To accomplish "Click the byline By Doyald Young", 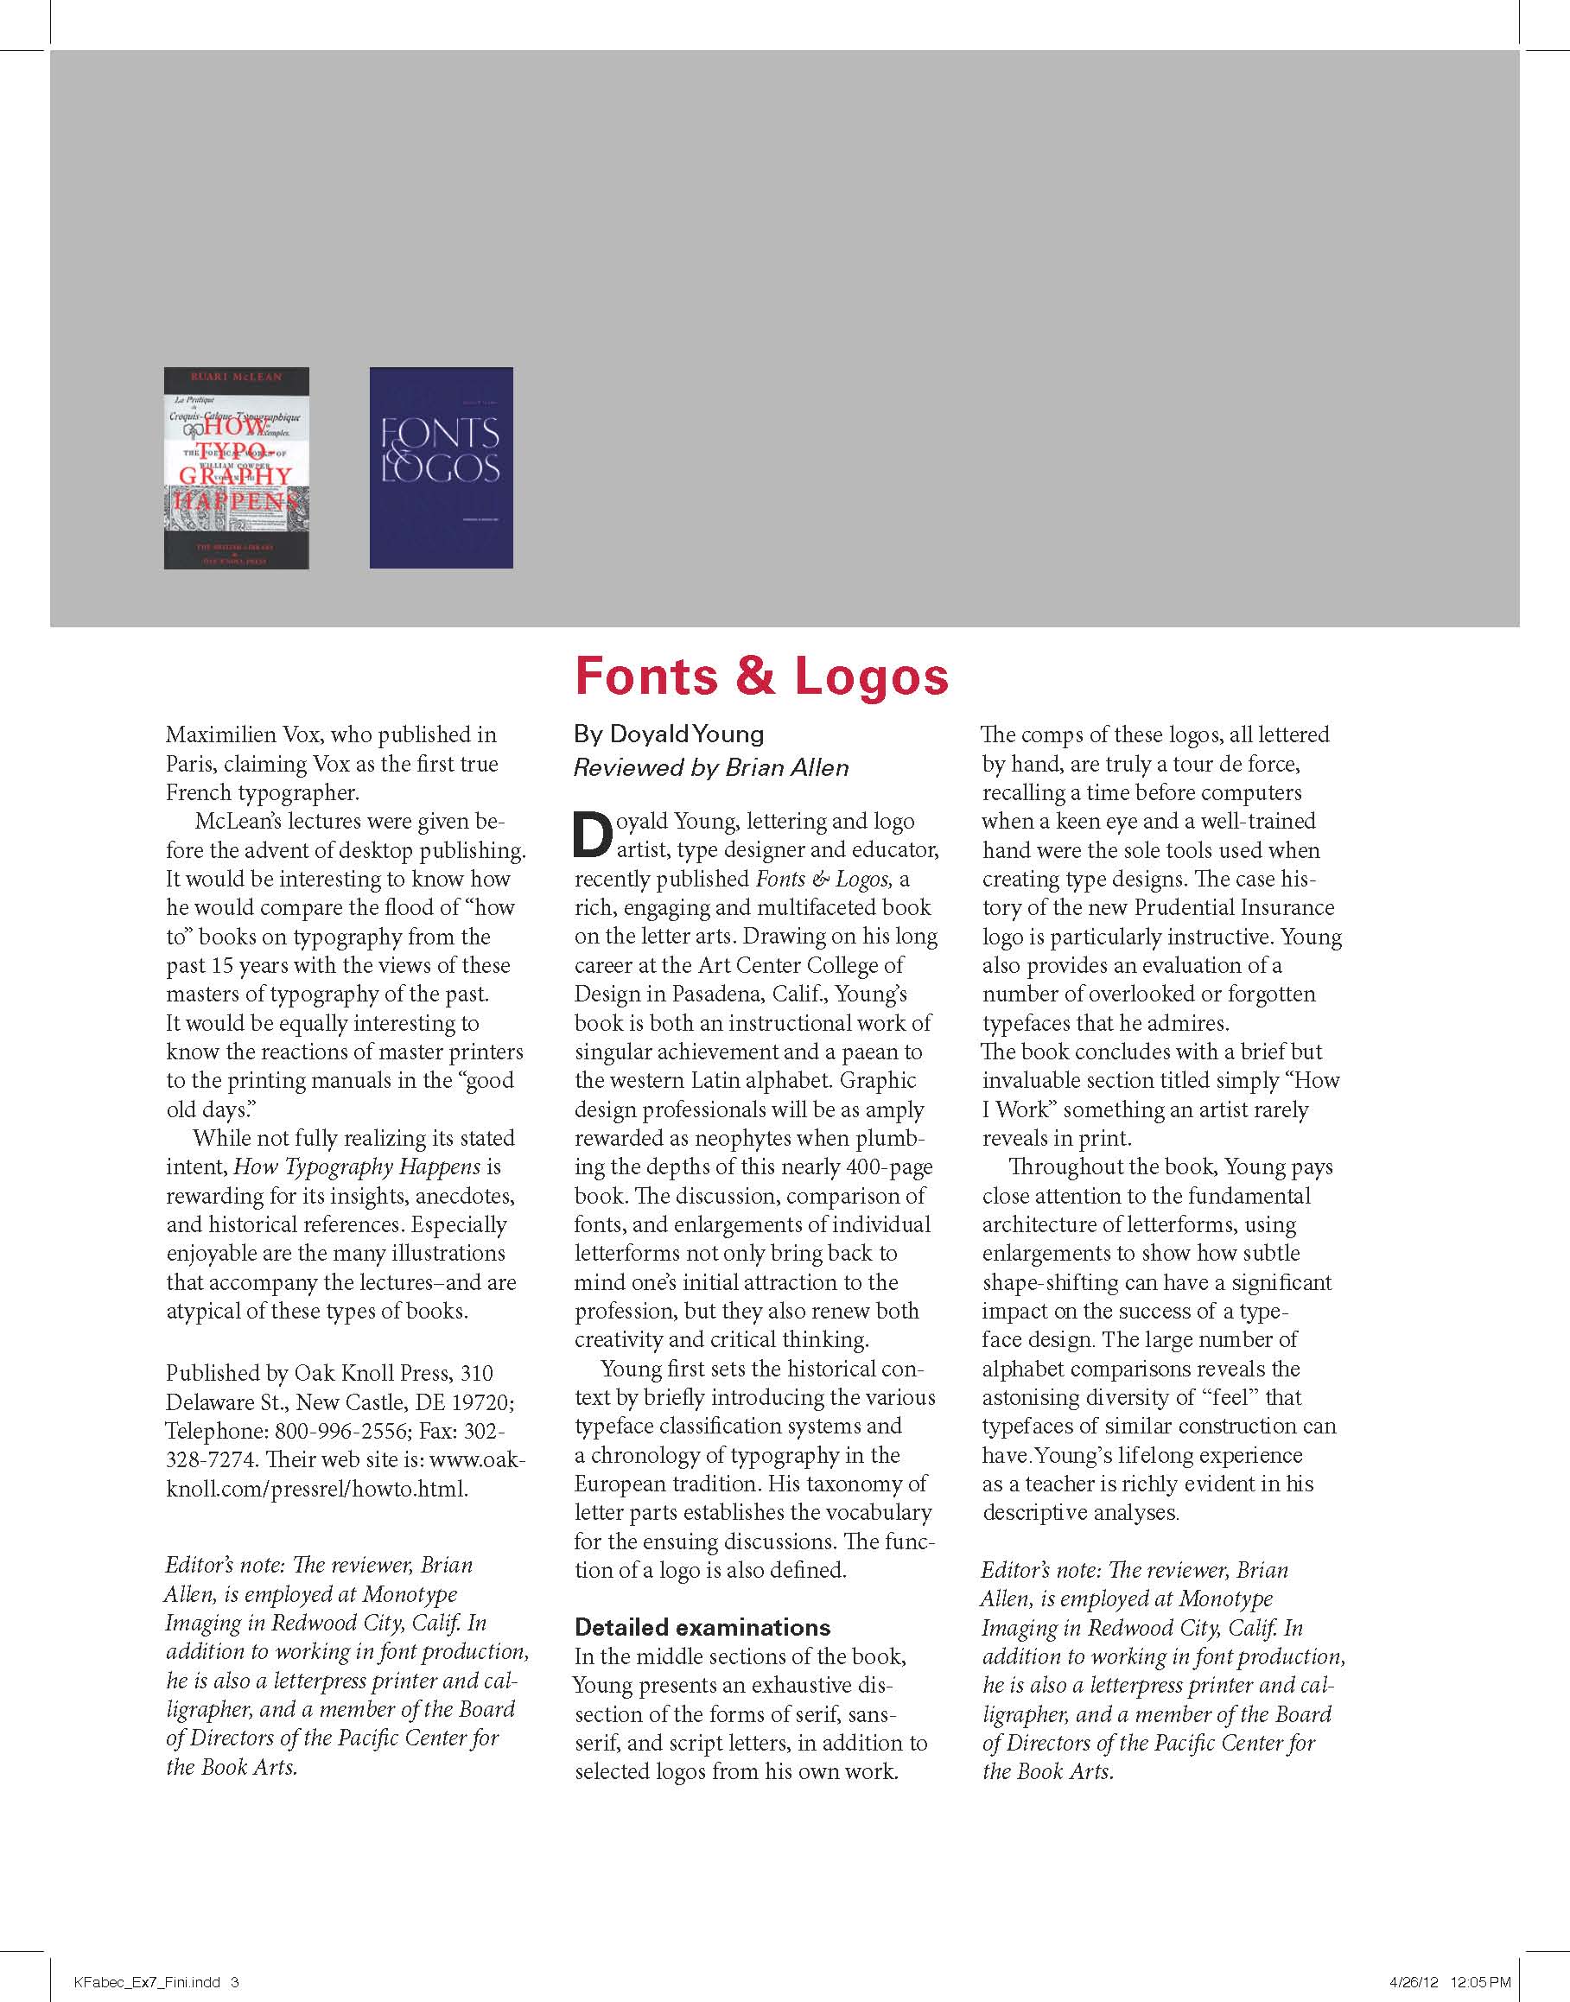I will [668, 734].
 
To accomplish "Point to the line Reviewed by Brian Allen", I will [710, 767].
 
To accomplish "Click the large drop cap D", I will [593, 835].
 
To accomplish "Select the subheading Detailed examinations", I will [702, 1627].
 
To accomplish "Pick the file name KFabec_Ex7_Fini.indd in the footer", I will [147, 1982].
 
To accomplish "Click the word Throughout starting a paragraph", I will [1066, 1166].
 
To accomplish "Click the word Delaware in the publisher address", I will [208, 1401].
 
